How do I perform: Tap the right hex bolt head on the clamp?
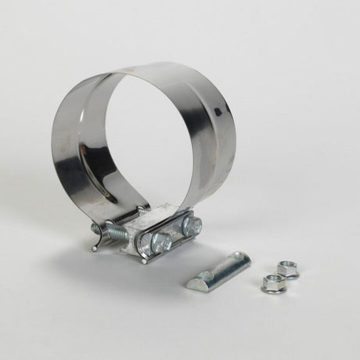point(190,228)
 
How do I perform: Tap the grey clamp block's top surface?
point(157,223)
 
